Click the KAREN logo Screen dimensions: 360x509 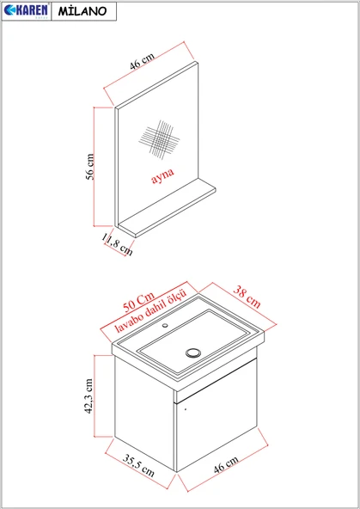26,10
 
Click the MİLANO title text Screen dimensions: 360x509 82,11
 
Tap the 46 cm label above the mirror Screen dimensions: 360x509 142,61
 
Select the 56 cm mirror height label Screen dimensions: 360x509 90,167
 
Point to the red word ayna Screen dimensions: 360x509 162,175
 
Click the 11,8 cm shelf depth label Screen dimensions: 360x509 117,244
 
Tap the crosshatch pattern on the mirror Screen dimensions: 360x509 159,139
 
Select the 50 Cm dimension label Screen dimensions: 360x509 138,303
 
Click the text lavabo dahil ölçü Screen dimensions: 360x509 151,311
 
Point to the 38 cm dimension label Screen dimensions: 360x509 247,297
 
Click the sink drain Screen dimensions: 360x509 193,353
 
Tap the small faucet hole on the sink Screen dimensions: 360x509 165,325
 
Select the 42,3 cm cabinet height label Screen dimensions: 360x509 88,396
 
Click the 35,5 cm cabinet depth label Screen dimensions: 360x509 138,465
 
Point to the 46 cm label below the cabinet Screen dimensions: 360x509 226,464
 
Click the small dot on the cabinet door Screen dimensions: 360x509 186,409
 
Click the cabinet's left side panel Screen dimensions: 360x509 144,413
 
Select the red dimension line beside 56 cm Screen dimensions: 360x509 94,167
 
